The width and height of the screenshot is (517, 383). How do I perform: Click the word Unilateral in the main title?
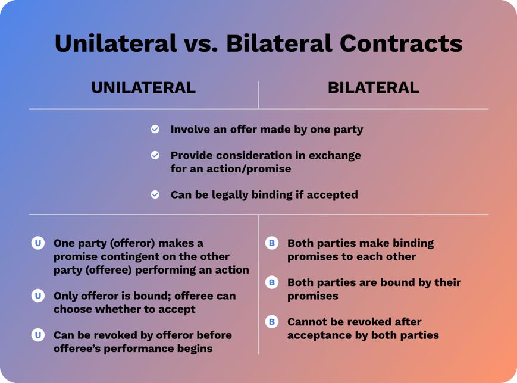click(115, 43)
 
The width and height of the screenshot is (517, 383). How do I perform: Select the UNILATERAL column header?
click(143, 88)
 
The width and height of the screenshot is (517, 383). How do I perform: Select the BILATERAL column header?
click(373, 88)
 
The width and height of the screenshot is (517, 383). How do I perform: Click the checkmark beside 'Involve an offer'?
click(155, 129)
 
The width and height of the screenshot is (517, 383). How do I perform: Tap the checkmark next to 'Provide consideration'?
click(155, 155)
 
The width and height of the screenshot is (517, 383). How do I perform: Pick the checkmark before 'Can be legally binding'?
click(155, 194)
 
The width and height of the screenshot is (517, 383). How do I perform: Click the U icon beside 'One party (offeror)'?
click(38, 243)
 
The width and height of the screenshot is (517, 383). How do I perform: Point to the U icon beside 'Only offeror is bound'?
click(38, 296)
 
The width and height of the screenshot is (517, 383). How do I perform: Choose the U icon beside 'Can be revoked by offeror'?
click(38, 335)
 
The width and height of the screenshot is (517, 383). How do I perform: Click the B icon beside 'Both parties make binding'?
click(272, 243)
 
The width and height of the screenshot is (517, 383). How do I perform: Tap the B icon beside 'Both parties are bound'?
click(272, 282)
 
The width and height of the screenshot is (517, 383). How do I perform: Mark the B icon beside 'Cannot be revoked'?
click(272, 322)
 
